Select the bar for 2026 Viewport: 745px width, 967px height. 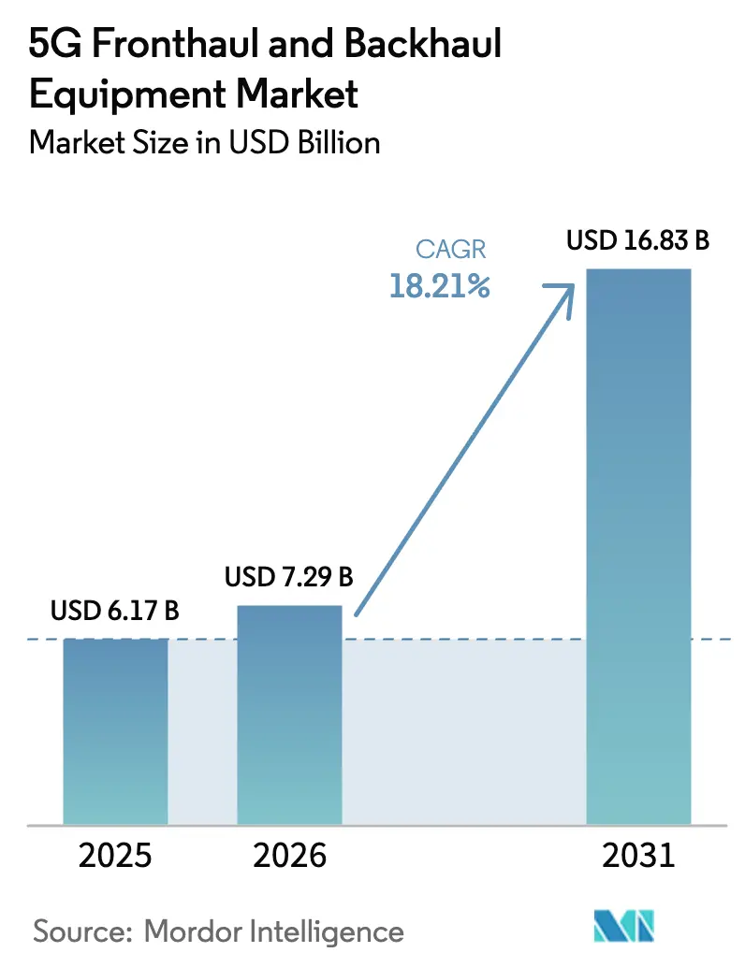coord(289,714)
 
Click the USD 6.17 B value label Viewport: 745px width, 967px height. coord(115,613)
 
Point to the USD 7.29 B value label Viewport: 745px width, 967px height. coord(289,577)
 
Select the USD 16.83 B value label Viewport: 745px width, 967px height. coord(638,240)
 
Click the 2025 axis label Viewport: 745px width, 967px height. coord(115,857)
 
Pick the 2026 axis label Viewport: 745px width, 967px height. coord(289,857)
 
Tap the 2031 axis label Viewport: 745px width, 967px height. coord(638,857)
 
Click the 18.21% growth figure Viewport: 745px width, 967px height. coord(440,287)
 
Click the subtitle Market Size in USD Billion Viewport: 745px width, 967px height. coord(205,142)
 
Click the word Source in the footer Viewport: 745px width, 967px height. coord(82,931)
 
